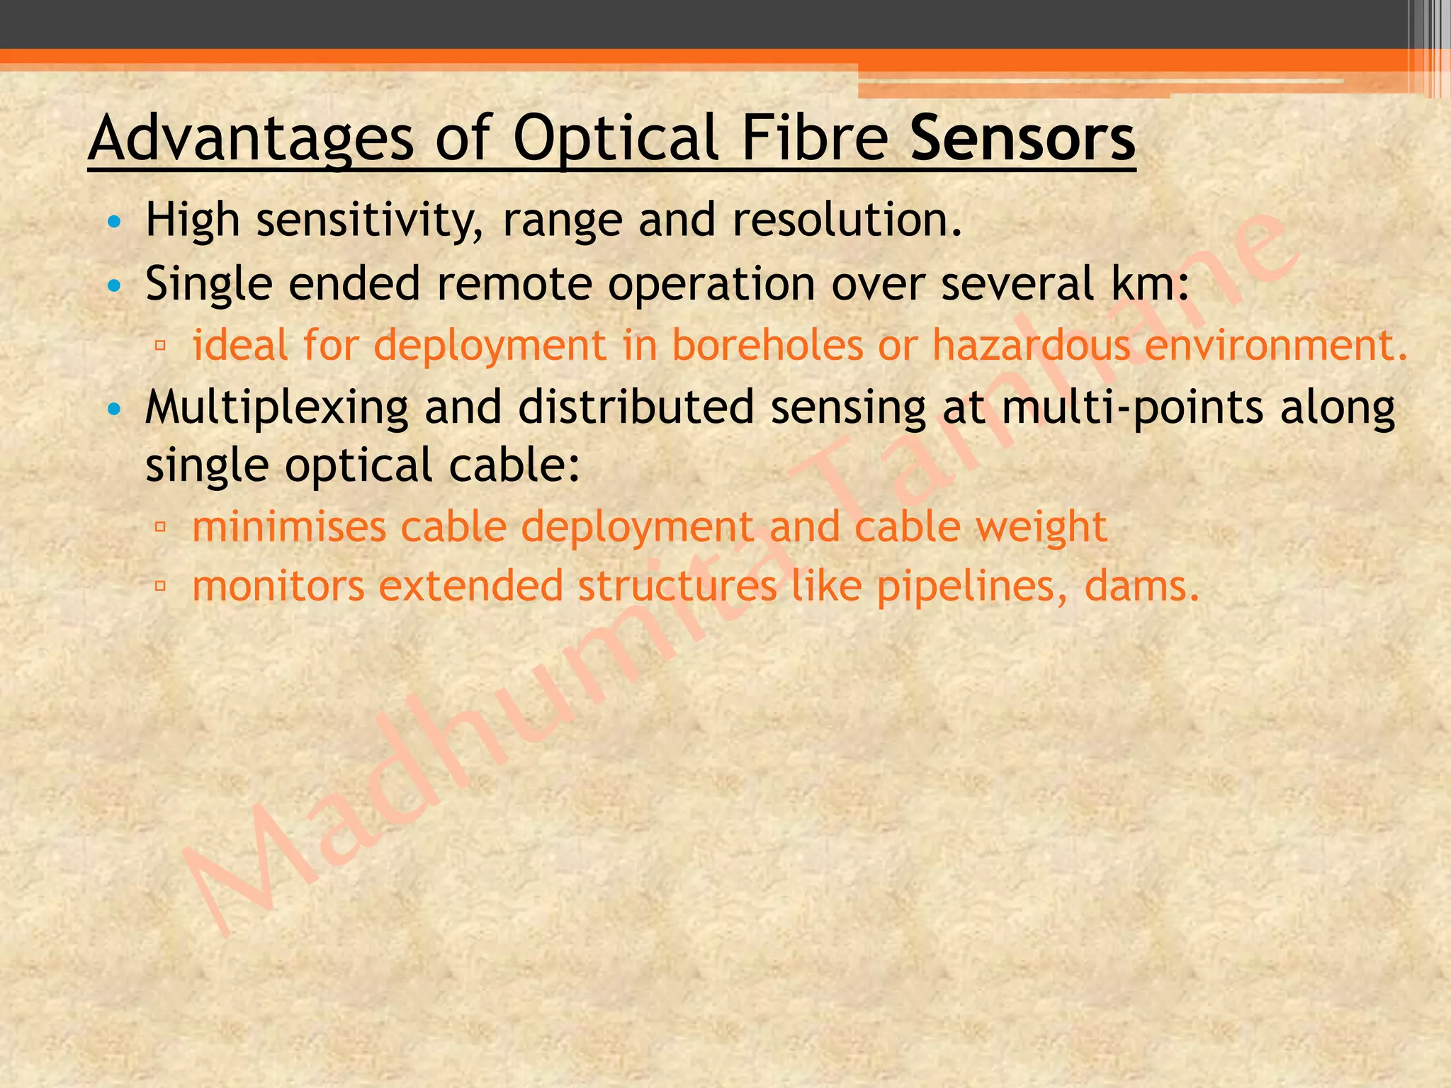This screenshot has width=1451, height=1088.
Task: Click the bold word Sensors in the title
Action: (1022, 138)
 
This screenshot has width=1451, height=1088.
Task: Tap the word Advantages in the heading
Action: (251, 140)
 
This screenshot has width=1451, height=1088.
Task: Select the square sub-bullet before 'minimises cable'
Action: (160, 527)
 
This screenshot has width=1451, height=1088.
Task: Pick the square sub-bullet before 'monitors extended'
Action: (160, 586)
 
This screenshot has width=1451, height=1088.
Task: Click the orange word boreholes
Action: (767, 345)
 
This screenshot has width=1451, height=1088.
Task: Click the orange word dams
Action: (1141, 586)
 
